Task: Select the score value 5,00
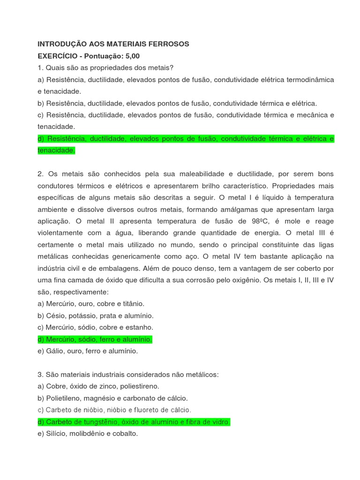[131, 56]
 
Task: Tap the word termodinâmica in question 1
[311, 80]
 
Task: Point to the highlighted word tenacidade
[56, 150]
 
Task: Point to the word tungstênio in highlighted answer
[102, 422]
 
